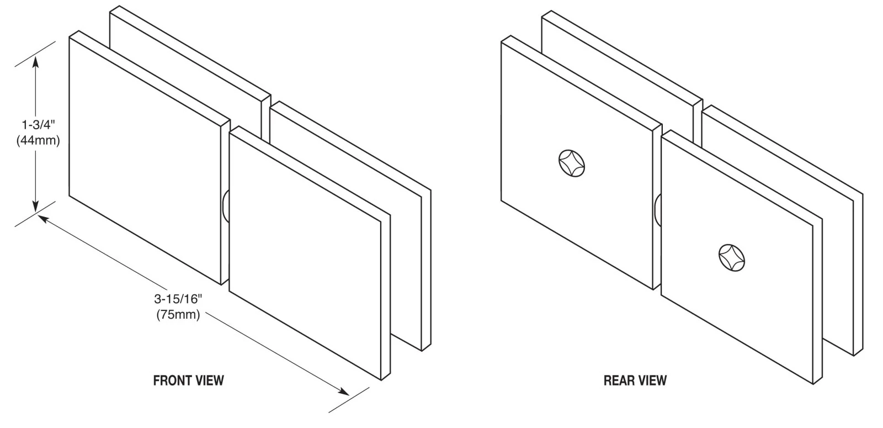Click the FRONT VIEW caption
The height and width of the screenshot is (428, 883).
[188, 381]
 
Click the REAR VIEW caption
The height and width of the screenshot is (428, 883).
[635, 381]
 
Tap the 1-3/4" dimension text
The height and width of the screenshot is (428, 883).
[38, 125]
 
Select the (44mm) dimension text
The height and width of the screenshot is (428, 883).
[38, 140]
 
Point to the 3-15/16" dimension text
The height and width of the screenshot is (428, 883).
[178, 299]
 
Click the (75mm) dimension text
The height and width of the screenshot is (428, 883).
[178, 314]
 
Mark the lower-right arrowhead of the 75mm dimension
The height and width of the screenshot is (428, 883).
[343, 392]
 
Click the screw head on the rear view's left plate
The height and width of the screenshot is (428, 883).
[572, 163]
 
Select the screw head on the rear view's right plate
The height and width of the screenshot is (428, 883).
[732, 257]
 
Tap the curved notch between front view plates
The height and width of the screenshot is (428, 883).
[225, 205]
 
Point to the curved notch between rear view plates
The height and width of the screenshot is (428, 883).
[657, 210]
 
